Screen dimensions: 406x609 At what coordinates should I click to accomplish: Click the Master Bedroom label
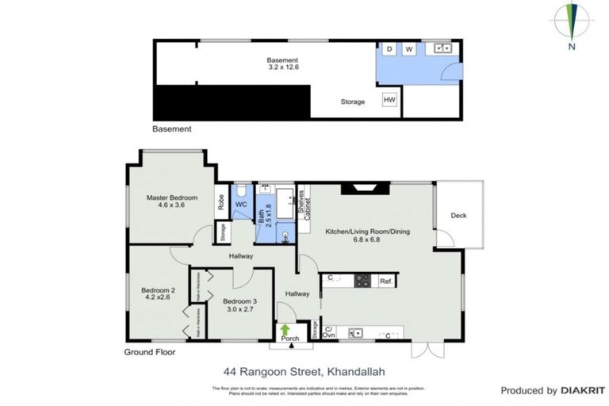click(x=171, y=197)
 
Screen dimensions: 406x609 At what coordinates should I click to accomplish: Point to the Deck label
click(x=458, y=215)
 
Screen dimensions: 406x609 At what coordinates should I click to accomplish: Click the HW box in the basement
click(x=389, y=100)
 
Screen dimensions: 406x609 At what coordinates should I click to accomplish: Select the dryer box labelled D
click(x=389, y=49)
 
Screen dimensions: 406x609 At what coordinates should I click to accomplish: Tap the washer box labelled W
click(x=409, y=49)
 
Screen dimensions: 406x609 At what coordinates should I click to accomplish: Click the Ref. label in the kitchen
click(x=386, y=282)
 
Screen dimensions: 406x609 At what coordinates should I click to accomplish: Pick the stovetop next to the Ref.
click(x=362, y=281)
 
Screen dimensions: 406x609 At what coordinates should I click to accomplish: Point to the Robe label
click(x=220, y=201)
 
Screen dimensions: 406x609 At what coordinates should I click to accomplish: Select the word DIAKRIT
click(x=585, y=390)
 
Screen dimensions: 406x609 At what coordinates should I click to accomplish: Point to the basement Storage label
click(x=353, y=101)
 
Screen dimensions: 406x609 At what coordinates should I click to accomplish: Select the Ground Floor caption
click(x=150, y=351)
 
